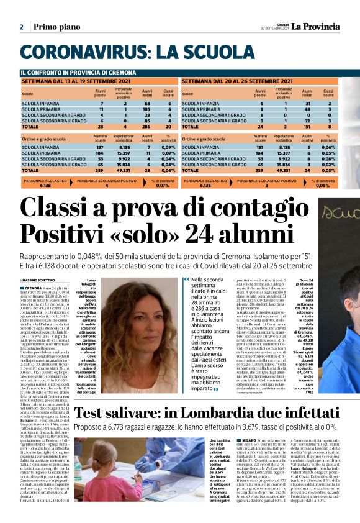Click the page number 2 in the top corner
pyautogui.click(x=22, y=27)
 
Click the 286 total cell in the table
pyautogui.click(x=148, y=125)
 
